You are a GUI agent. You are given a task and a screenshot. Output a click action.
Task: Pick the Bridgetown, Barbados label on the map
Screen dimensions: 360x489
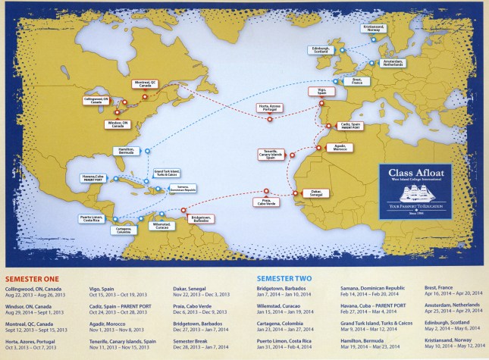(201, 217)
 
